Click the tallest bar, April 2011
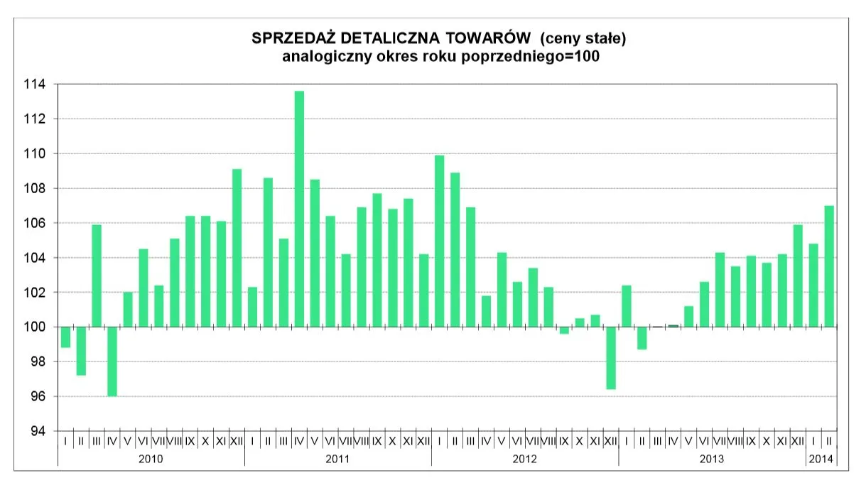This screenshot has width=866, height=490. coord(299,209)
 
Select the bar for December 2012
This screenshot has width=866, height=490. coord(610,358)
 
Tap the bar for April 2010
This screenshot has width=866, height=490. coord(112,361)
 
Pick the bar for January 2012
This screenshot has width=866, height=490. coord(439,241)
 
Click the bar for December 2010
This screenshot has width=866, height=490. coord(237,248)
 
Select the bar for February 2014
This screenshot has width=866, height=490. coord(829,266)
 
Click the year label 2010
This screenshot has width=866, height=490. coord(151,459)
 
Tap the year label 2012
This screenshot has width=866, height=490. coord(524,459)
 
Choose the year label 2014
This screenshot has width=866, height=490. coord(821,459)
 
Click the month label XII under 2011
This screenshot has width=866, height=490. coord(423,441)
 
